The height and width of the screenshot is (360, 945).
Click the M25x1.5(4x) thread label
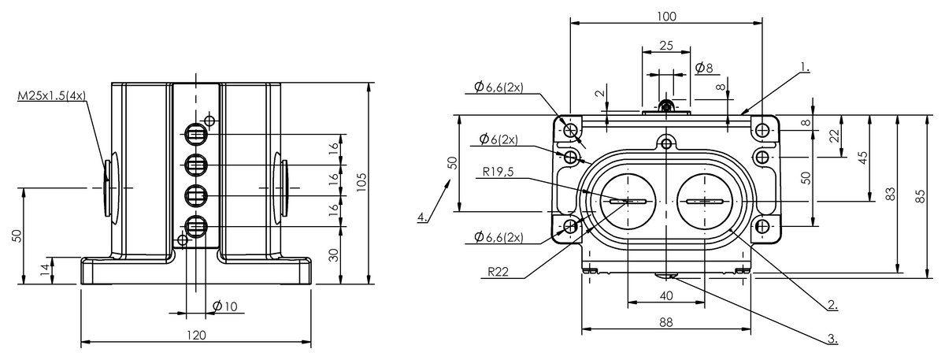pyautogui.click(x=51, y=96)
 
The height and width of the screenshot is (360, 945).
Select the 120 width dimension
pyautogui.click(x=196, y=335)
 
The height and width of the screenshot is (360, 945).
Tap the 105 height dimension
pyautogui.click(x=361, y=182)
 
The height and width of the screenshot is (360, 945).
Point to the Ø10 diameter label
pyautogui.click(x=225, y=306)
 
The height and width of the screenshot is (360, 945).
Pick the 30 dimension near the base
pyautogui.click(x=334, y=255)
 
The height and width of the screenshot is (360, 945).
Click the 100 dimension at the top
pyautogui.click(x=666, y=16)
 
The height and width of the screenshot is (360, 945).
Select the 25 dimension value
pyautogui.click(x=666, y=45)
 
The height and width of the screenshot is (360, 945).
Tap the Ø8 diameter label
pyautogui.click(x=704, y=68)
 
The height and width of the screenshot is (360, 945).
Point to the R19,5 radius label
pyautogui.click(x=498, y=172)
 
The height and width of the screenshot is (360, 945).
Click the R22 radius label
pyautogui.click(x=498, y=271)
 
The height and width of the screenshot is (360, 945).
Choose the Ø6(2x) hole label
pyautogui.click(x=498, y=139)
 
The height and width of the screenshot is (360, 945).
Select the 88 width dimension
pyautogui.click(x=665, y=322)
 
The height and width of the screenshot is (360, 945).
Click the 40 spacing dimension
pyautogui.click(x=666, y=296)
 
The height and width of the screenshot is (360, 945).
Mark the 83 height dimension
pyautogui.click(x=890, y=194)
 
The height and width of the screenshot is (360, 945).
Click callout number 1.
pyautogui.click(x=805, y=67)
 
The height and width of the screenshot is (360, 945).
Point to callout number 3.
pyautogui.click(x=832, y=338)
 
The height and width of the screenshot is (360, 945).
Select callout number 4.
pyautogui.click(x=422, y=217)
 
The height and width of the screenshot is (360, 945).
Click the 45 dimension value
pyautogui.click(x=863, y=158)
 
